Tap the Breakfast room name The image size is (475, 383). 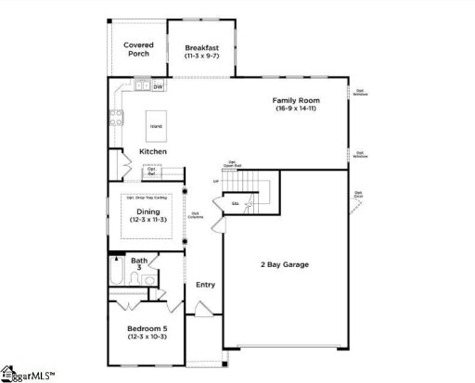click(200, 47)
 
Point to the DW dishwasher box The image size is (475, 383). click(158, 87)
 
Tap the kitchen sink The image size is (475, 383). click(141, 87)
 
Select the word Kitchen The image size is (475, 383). click(153, 151)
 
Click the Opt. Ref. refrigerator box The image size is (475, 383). click(151, 171)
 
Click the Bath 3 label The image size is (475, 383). click(139, 264)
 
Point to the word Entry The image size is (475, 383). click(205, 284)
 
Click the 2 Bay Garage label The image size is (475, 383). click(284, 264)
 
